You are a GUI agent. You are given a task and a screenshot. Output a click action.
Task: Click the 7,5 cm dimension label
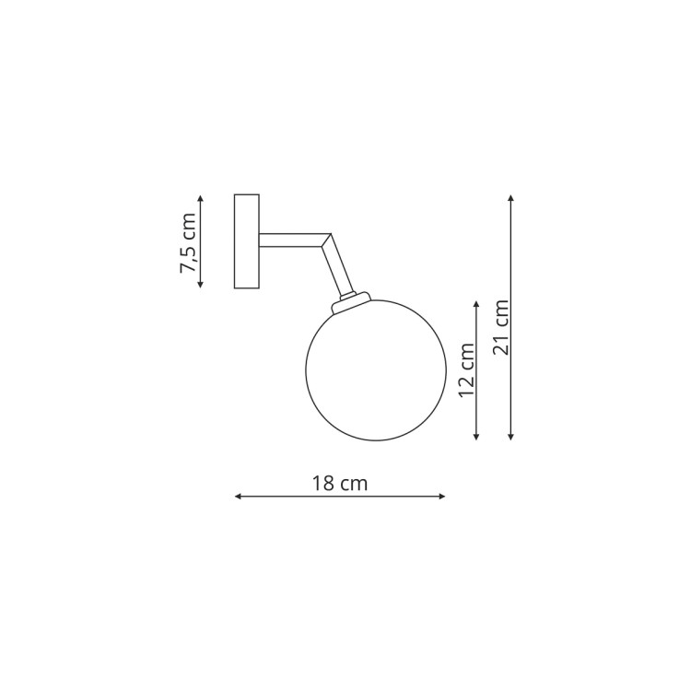(188, 243)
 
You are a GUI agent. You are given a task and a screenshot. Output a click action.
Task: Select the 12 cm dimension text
(467, 370)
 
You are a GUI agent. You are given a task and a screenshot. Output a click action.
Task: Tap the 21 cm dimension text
(501, 327)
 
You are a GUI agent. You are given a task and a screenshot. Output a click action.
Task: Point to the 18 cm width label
(340, 484)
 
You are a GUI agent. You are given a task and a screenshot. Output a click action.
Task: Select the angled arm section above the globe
(338, 264)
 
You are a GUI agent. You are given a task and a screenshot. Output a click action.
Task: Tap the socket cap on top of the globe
(351, 301)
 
